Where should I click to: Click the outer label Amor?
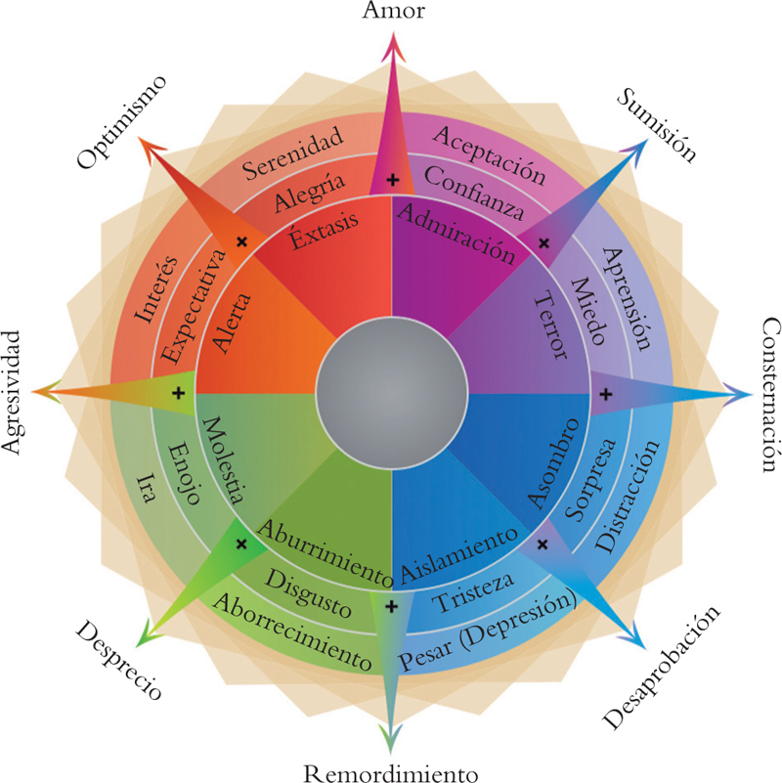point(391,12)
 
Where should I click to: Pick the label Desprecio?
point(116,660)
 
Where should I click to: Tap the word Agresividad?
point(12,392)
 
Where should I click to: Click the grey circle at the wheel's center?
point(391,392)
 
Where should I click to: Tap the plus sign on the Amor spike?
point(392,180)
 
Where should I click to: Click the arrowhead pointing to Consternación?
point(739,394)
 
